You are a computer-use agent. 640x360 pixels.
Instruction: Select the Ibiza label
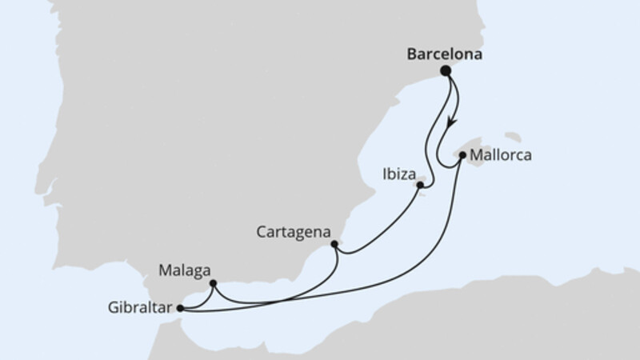[x=398, y=172]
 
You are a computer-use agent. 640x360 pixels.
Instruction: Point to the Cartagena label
[x=294, y=232]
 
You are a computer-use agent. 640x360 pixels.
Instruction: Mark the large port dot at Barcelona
[x=446, y=71]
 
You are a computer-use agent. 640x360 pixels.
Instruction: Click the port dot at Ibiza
[x=419, y=185]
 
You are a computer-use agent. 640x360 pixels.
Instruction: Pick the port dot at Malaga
[x=213, y=282]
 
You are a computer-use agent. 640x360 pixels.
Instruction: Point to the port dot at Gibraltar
[x=179, y=306]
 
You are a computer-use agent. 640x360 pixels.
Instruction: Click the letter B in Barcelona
[x=411, y=54]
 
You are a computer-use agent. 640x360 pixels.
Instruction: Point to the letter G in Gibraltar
[x=110, y=306]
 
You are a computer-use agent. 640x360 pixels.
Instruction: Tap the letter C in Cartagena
[x=262, y=232]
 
